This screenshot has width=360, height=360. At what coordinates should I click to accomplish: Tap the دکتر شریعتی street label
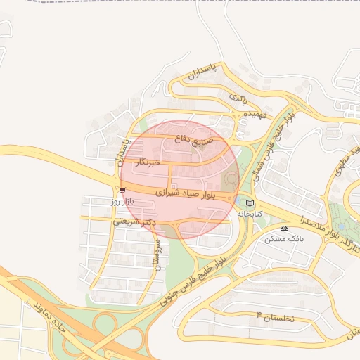(x=134, y=221)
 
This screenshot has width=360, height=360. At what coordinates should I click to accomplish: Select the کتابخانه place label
(x=249, y=213)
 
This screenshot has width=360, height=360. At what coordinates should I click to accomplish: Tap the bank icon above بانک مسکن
(x=284, y=228)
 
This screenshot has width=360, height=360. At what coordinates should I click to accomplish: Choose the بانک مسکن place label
(x=284, y=238)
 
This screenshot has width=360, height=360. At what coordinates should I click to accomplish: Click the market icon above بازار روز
(x=122, y=191)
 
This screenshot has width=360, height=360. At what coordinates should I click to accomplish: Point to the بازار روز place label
(x=122, y=201)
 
